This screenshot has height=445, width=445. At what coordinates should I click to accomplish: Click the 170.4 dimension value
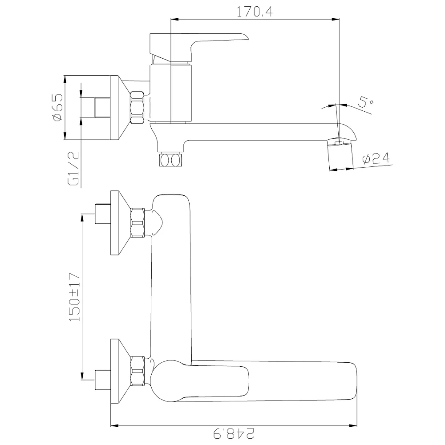click(255, 12)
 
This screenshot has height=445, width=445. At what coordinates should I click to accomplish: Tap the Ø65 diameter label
click(57, 107)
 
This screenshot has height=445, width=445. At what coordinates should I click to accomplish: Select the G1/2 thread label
click(73, 169)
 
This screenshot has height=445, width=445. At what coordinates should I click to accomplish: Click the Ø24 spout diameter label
click(376, 158)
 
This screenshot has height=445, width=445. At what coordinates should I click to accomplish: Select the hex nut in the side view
click(137, 107)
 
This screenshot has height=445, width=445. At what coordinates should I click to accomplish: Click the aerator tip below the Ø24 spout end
click(340, 155)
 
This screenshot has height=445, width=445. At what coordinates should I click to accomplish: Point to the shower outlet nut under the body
click(170, 160)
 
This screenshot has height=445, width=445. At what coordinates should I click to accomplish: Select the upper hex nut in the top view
click(138, 223)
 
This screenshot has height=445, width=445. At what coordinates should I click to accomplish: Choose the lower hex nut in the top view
click(138, 371)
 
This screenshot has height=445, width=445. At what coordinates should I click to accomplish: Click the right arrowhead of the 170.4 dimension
click(336, 19)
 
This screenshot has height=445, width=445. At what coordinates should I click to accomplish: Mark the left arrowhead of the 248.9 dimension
click(114, 425)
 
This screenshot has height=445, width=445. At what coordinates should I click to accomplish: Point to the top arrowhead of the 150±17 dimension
click(82, 218)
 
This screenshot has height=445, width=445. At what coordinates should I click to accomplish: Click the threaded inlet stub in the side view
click(102, 108)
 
